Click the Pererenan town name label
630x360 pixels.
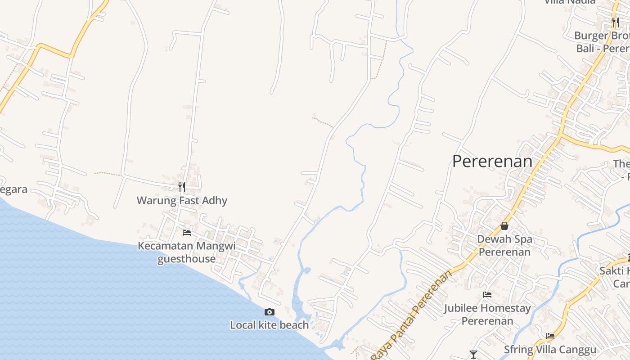tap(492, 161)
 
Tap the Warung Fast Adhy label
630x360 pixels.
tap(182, 200)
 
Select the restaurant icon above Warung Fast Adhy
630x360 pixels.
tap(182, 187)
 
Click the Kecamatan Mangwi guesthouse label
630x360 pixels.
tap(186, 252)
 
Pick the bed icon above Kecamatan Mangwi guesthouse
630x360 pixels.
tap(187, 233)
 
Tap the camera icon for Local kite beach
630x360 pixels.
tap(270, 312)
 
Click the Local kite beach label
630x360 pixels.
tap(270, 325)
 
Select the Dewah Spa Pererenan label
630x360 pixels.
tap(504, 245)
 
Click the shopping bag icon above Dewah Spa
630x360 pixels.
tap(504, 226)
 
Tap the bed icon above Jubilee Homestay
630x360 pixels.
tap(487, 295)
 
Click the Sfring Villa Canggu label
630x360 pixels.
tap(550, 350)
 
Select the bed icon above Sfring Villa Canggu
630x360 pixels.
tap(550, 336)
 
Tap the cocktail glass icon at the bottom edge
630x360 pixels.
tap(473, 355)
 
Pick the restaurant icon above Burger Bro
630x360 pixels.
tap(616, 22)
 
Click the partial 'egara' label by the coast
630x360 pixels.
tap(13, 189)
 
